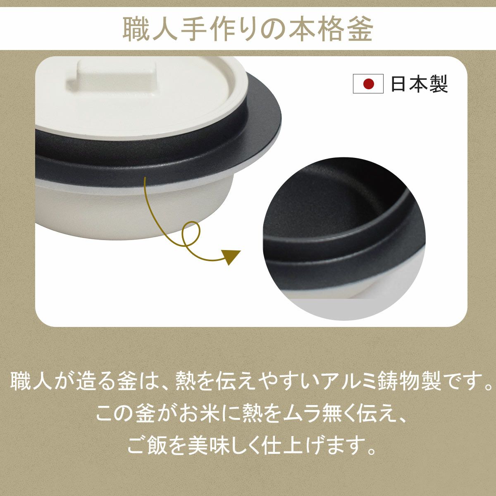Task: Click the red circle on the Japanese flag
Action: [368, 83]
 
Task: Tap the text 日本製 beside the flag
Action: [419, 83]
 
